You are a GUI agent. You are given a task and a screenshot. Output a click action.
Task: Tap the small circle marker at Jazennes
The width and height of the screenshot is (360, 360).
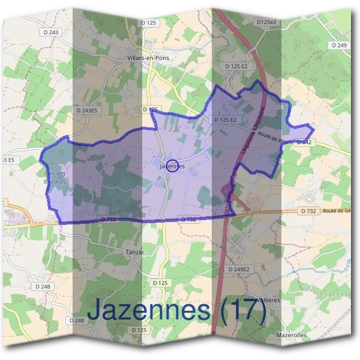172,166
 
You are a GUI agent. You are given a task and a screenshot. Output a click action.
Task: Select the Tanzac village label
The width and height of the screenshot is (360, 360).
137,251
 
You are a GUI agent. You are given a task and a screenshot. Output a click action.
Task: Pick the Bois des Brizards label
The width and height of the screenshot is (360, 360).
56,178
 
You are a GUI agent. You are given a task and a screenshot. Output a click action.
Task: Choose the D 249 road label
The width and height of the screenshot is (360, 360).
339,45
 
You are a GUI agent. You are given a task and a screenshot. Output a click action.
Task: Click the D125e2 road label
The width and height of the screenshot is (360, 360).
266,22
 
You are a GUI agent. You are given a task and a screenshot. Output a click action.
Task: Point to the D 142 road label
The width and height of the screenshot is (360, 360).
305,142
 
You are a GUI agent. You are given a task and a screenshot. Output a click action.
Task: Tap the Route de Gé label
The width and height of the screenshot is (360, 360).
335,211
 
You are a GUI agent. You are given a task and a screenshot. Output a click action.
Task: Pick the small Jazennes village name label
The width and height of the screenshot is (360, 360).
172,166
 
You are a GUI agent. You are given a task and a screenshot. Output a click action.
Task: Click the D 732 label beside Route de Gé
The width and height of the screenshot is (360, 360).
308,211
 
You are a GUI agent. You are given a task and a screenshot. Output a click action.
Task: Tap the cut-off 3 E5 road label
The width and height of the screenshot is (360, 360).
8,160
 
